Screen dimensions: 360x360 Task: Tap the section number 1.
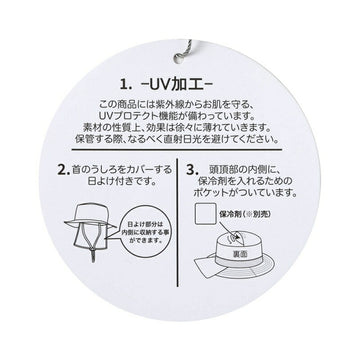click(122, 75)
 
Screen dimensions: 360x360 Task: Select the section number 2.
click(62, 171)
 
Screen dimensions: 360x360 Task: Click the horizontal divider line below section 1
click(180, 155)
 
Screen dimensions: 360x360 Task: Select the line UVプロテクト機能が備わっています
click(180, 114)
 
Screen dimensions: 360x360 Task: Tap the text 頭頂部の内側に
click(244, 171)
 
